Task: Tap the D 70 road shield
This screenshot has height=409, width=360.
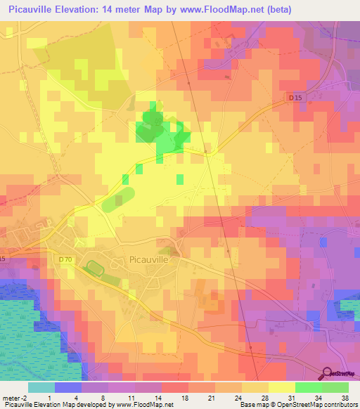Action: point(65,259)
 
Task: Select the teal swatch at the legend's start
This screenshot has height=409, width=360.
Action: point(41,387)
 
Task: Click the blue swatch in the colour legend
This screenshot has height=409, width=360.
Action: point(68,387)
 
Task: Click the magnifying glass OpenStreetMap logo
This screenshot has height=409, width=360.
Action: point(328,374)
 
